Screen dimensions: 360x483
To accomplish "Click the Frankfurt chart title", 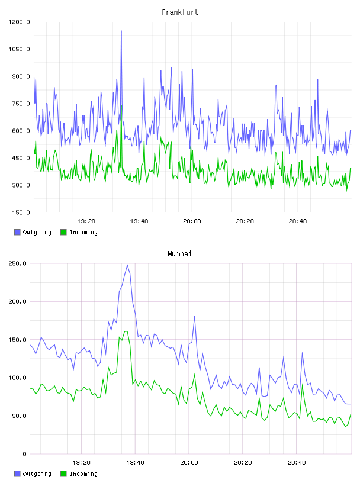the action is [x=180, y=12].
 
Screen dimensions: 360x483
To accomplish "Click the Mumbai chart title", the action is [x=179, y=253].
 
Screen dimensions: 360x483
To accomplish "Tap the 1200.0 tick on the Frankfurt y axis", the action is [x=19, y=22].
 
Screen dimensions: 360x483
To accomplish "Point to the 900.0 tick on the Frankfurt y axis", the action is [x=21, y=76].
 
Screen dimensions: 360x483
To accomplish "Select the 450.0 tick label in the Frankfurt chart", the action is [x=21, y=158].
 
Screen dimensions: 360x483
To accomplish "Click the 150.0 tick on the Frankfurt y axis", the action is [x=21, y=212].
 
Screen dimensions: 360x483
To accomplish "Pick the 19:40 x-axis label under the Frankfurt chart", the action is [x=139, y=221].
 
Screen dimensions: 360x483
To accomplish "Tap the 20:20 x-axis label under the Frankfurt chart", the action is [x=245, y=221].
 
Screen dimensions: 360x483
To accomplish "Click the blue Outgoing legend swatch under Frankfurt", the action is [x=17, y=232].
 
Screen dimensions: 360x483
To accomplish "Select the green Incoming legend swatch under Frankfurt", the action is [x=63, y=232].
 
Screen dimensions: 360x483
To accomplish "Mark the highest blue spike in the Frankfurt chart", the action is [x=121, y=31].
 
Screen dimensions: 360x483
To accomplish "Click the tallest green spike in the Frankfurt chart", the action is [x=121, y=105].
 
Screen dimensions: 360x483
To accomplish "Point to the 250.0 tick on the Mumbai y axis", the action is [x=18, y=263].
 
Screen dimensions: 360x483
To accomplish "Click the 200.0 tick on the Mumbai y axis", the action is [x=18, y=301].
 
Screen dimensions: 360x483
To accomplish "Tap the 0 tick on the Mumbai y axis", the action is [x=24, y=454].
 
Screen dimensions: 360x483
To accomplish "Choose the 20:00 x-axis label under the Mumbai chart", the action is [x=189, y=463].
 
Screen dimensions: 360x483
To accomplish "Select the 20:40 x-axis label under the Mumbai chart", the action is [x=297, y=463].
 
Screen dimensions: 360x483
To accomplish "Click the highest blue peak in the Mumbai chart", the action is [x=127, y=265].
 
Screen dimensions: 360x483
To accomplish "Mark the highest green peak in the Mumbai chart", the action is [x=126, y=331].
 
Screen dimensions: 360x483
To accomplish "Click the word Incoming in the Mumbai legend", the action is [x=83, y=474].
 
